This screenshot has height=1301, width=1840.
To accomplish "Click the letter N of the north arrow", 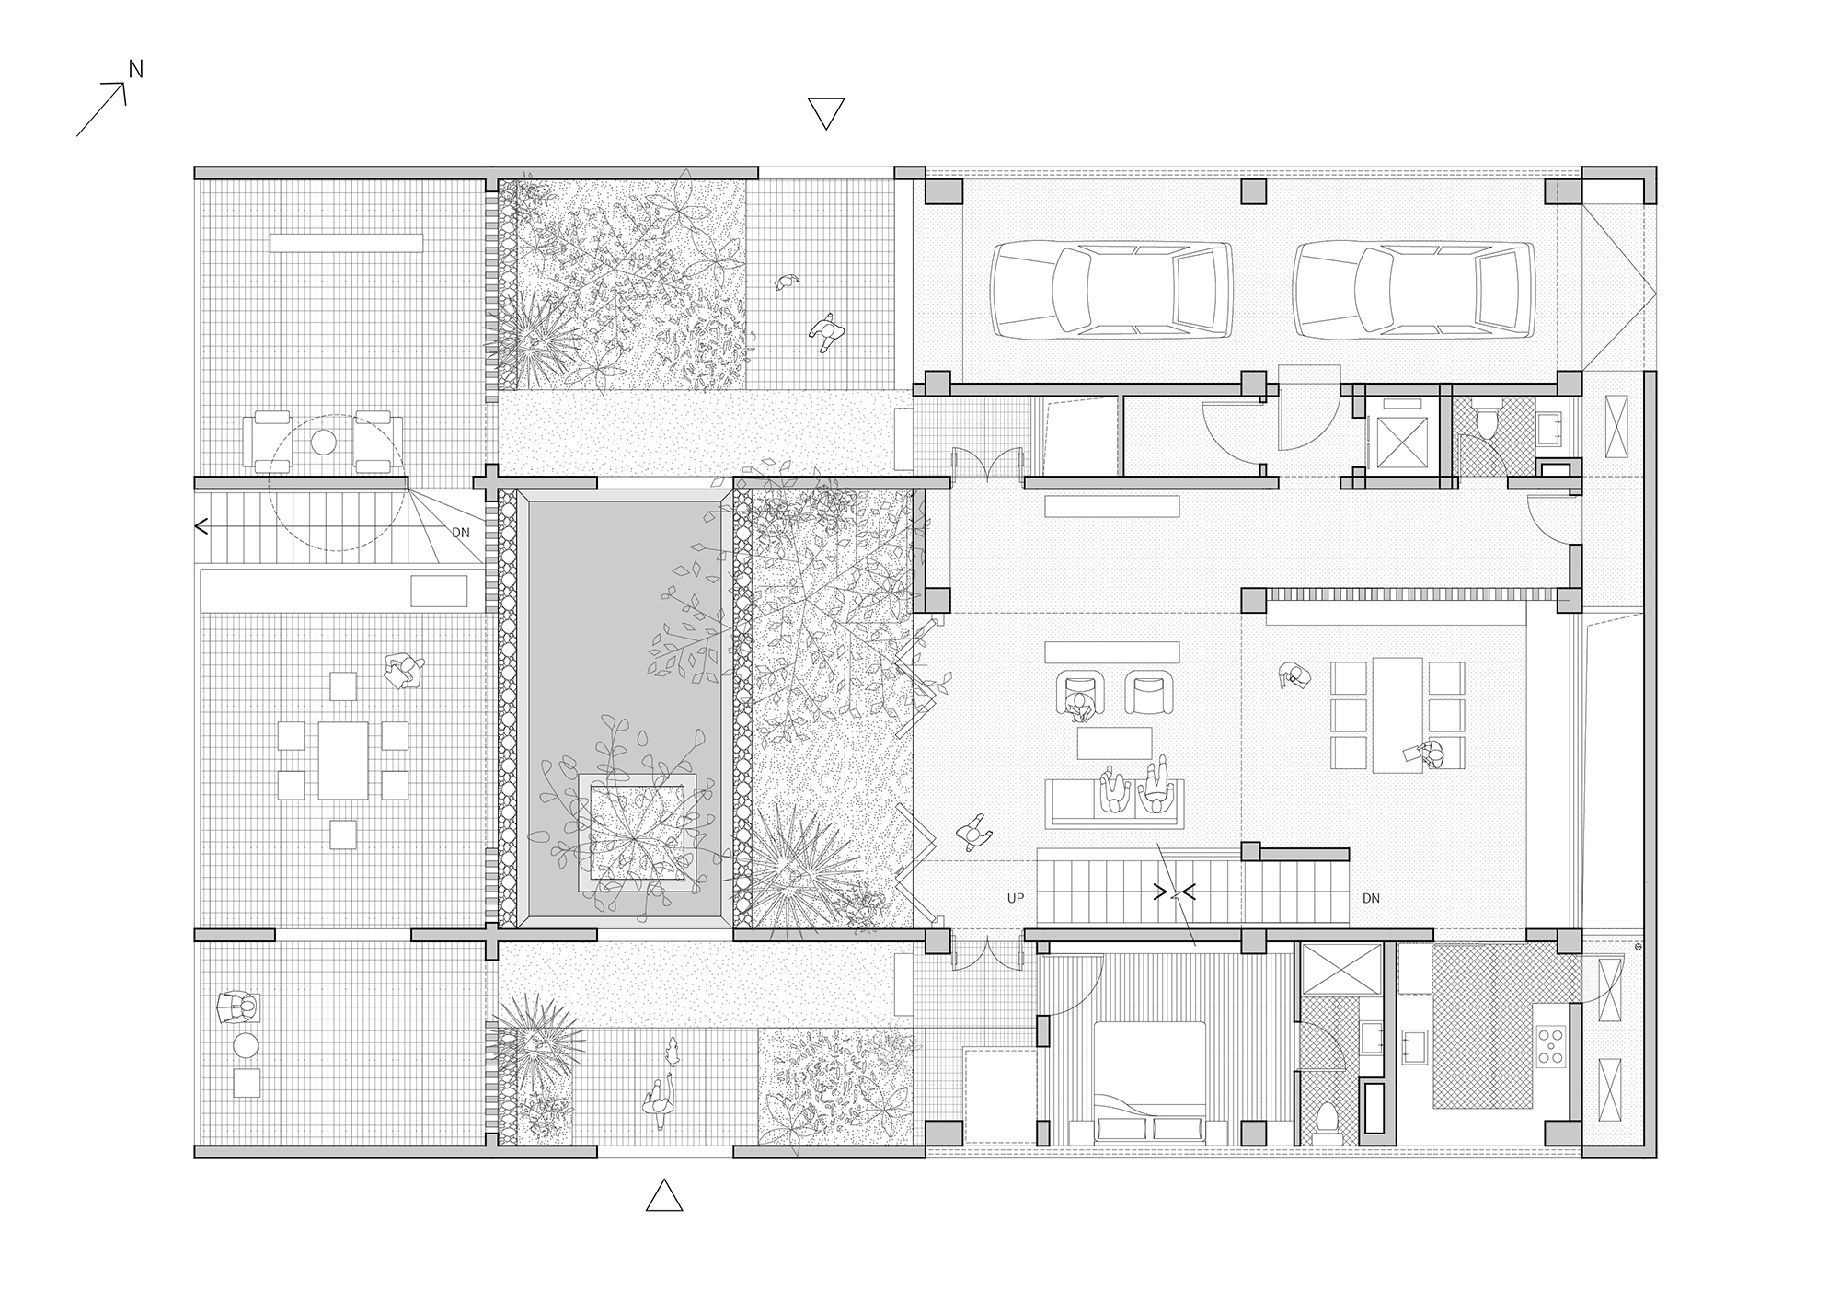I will [135, 69].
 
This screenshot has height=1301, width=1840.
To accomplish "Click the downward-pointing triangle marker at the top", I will [825, 112].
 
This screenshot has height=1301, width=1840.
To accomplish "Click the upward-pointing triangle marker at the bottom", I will [664, 1194].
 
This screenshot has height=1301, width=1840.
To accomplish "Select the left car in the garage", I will [1111, 288].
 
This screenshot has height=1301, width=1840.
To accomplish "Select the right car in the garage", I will [1412, 288].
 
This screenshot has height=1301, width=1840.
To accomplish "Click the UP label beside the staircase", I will [1016, 898].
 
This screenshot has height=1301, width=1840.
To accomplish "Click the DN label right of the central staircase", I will [1371, 898].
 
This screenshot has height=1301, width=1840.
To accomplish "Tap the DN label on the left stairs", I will [461, 532].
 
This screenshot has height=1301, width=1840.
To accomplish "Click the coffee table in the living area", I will [1114, 743].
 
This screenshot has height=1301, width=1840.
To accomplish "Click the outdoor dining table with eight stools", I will [343, 759].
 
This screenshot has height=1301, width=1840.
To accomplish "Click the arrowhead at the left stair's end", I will [201, 527].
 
